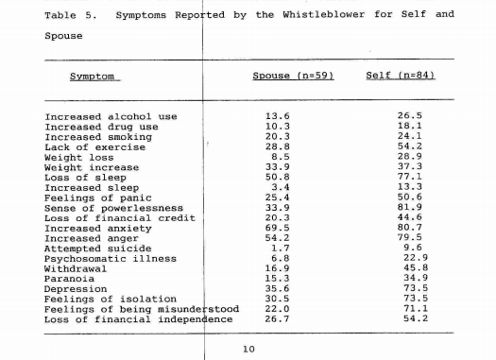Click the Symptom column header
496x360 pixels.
92,75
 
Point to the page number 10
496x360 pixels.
248,350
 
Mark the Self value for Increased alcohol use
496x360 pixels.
409,117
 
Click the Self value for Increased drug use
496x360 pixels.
409,126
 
